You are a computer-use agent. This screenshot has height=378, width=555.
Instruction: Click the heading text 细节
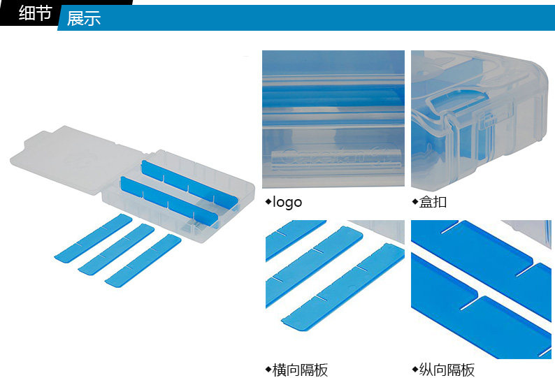pos(35,13)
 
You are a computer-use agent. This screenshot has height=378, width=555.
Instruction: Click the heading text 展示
pos(84,18)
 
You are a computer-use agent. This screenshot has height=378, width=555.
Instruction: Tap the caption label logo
pos(287,203)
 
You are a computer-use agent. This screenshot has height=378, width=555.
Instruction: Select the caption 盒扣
pos(433,203)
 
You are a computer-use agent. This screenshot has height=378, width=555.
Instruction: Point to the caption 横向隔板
pos(300,370)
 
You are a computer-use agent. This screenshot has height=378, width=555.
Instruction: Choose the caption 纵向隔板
pos(447,370)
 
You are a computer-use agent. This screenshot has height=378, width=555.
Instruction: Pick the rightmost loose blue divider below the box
pos(143,259)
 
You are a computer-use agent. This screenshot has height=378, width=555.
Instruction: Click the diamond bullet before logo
pos(268,203)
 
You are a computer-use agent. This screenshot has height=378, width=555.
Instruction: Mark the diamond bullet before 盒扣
pos(415,203)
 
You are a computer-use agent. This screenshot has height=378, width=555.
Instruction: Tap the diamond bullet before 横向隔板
pos(268,369)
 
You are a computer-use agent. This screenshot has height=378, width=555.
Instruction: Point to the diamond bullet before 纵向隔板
pos(415,369)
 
